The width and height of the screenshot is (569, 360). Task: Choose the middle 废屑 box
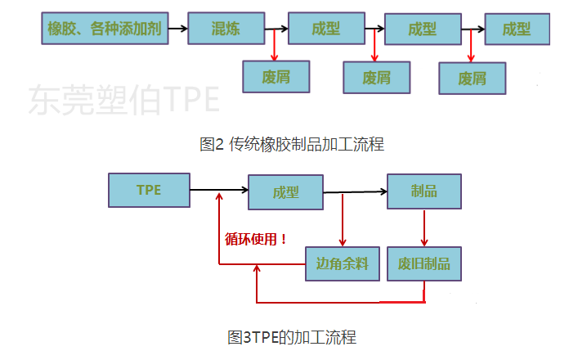[x=377, y=78]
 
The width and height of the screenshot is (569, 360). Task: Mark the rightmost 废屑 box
[x=472, y=79]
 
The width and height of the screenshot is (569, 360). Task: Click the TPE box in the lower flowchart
[x=149, y=190]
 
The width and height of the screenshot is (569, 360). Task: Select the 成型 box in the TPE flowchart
[x=285, y=192]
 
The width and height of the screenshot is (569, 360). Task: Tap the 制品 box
[x=424, y=191]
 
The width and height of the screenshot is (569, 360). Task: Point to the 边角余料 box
[x=342, y=263]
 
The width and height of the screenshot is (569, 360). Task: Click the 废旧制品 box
[x=424, y=263]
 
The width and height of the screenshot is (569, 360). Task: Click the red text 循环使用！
[x=256, y=239]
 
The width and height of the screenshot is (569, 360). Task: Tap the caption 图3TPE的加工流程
[x=291, y=337]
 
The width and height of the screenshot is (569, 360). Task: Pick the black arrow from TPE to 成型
[x=219, y=191]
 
